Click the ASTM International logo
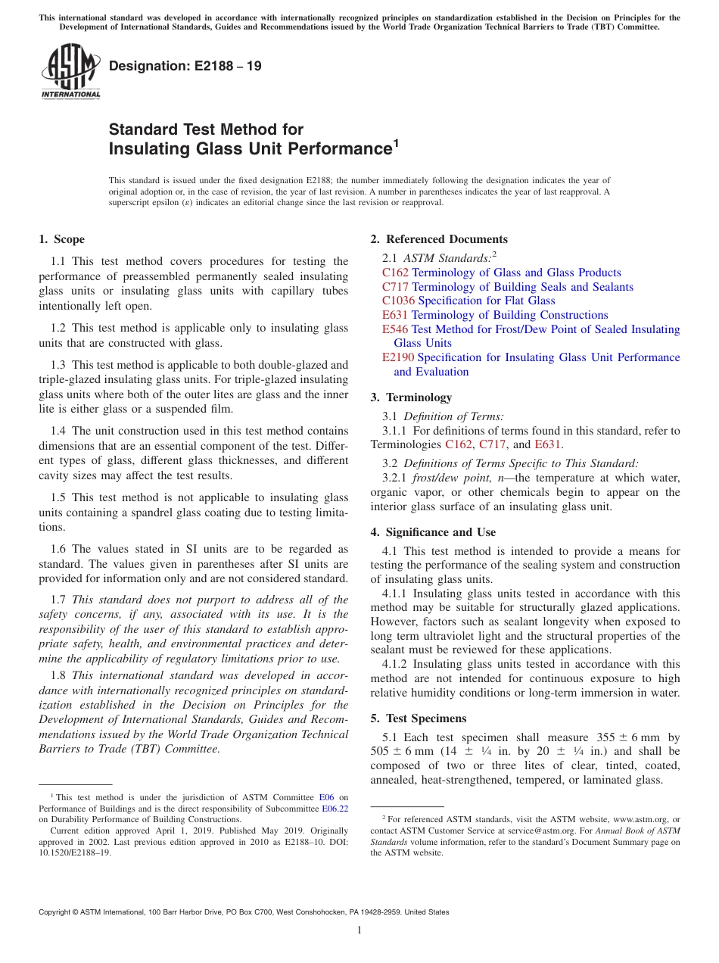click(x=70, y=72)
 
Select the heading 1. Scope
click(x=62, y=239)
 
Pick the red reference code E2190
click(x=398, y=357)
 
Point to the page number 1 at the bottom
click(x=359, y=930)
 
